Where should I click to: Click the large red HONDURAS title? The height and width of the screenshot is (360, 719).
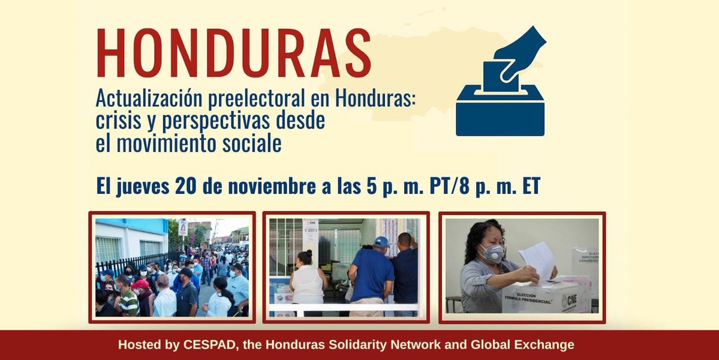(x=233, y=54)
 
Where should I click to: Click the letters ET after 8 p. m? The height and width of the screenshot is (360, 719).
(x=527, y=186)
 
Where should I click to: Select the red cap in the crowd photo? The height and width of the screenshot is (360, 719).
(x=140, y=283)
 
